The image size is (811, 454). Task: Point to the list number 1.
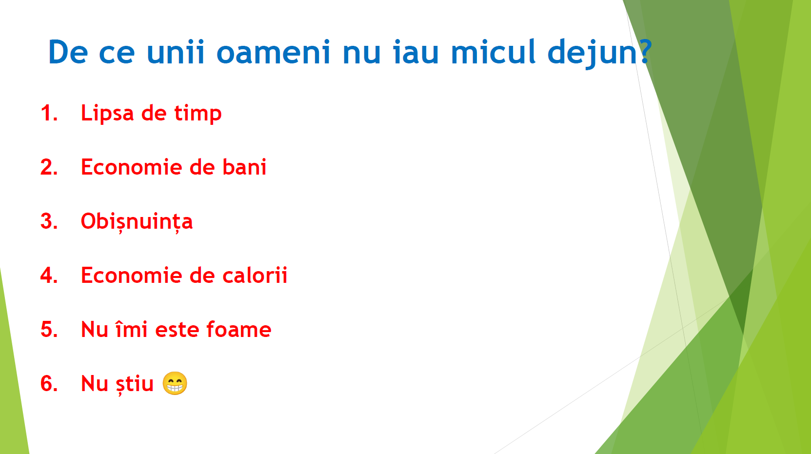pyautogui.click(x=49, y=113)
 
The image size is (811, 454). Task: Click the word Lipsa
pyautogui.click(x=107, y=114)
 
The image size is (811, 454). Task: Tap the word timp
pyautogui.click(x=198, y=114)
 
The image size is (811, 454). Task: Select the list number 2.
pyautogui.click(x=49, y=167)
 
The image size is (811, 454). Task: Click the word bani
pyautogui.click(x=244, y=167)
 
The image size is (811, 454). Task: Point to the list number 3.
pyautogui.click(x=49, y=221)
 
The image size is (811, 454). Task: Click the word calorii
pyautogui.click(x=255, y=275)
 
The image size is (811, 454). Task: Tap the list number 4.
pyautogui.click(x=49, y=276)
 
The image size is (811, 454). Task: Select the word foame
pyautogui.click(x=238, y=330)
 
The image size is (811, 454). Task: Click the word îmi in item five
pyautogui.click(x=131, y=329)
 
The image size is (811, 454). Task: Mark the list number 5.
pyautogui.click(x=49, y=330)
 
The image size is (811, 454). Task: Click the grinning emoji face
pyautogui.click(x=175, y=383)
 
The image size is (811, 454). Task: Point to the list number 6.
pyautogui.click(x=49, y=384)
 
